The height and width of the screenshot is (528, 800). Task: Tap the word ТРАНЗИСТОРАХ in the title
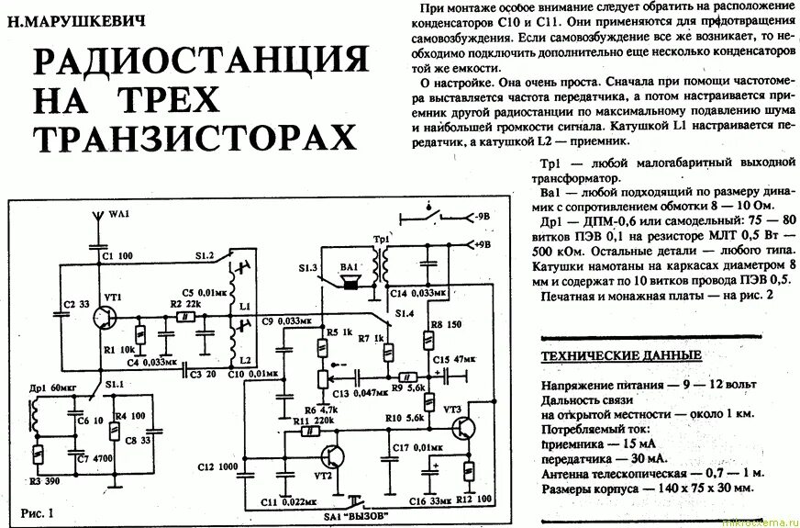pos(194,137)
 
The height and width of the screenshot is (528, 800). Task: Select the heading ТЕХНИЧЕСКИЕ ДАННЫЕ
pos(621,355)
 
